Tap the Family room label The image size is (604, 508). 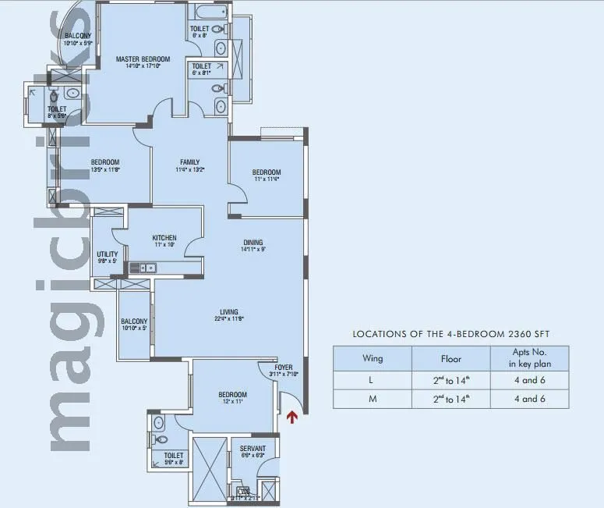tap(189, 162)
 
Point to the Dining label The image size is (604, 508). tap(253, 242)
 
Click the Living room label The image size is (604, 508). tap(228, 311)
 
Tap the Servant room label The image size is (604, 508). tap(253, 449)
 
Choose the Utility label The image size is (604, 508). tap(107, 254)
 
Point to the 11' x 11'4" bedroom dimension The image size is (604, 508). tap(266, 179)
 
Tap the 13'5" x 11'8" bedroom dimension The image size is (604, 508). tap(105, 169)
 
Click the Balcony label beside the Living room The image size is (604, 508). tap(134, 321)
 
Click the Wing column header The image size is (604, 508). tap(373, 359)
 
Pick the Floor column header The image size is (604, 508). tap(450, 359)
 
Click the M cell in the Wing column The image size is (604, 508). tap(373, 399)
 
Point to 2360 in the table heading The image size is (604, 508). tap(517, 334)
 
